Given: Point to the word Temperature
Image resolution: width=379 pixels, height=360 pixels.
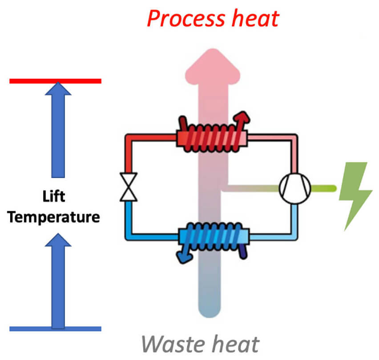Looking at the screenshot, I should pyautogui.click(x=54, y=217).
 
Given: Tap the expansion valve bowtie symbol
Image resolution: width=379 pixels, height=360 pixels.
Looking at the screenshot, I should pyautogui.click(x=129, y=187).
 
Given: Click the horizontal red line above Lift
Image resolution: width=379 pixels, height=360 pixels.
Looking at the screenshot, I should pyautogui.click(x=55, y=81).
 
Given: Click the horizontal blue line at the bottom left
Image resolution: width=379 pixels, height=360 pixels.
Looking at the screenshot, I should pyautogui.click(x=55, y=329).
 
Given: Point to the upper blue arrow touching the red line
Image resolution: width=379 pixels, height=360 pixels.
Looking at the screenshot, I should pyautogui.click(x=58, y=129).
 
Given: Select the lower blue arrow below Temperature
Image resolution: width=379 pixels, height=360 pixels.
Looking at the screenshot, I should pyautogui.click(x=58, y=280).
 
